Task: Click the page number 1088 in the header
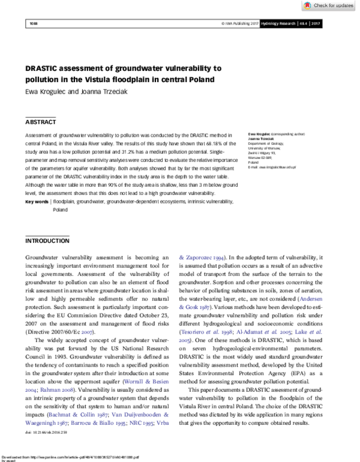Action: (33, 23)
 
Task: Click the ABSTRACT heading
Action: (40, 121)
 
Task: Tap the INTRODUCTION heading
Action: (47, 241)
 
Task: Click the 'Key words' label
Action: (37, 202)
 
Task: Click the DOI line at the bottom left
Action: (46, 433)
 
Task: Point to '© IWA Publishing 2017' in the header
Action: (240, 23)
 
